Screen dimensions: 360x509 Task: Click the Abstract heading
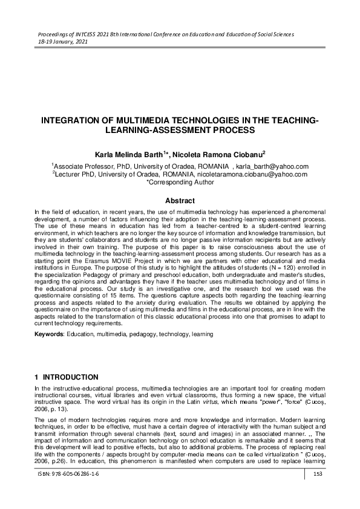point(180,201)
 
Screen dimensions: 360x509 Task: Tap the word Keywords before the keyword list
point(48,334)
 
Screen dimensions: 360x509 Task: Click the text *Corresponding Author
point(180,181)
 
